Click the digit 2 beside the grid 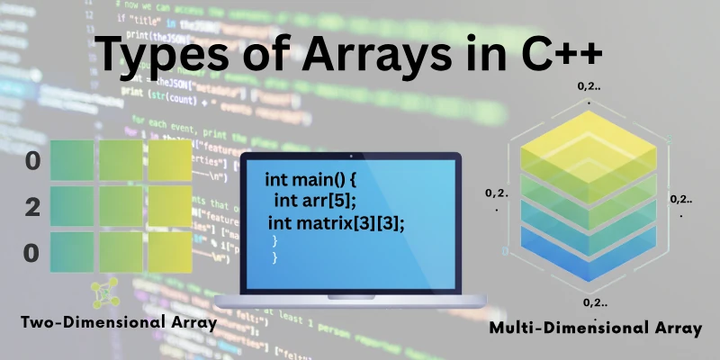click(x=32, y=208)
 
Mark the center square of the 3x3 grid click(x=121, y=207)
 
